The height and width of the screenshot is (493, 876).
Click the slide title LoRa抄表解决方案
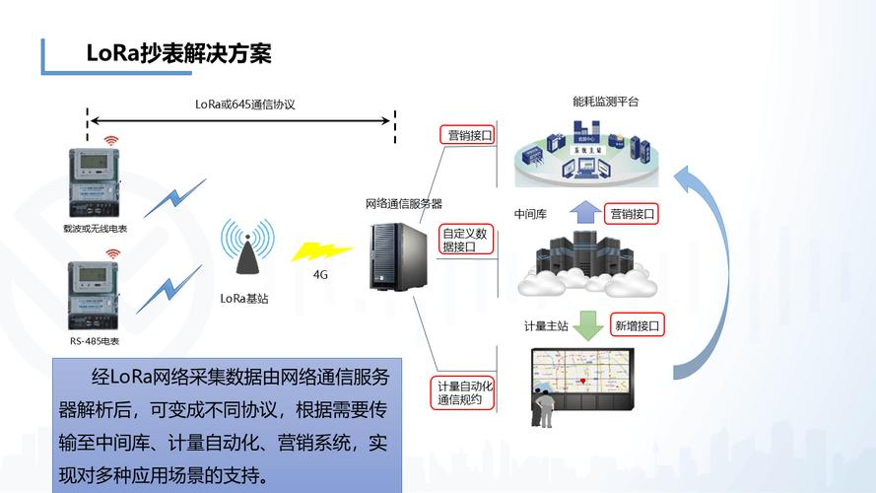point(178,53)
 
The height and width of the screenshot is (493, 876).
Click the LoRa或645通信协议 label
point(244,104)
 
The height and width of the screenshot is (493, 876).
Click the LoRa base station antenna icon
point(245,251)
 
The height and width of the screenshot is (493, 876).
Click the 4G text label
point(320,275)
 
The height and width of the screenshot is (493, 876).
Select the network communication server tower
point(392,255)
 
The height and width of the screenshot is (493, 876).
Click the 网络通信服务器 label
point(403,204)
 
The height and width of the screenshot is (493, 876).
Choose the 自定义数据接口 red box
point(465,240)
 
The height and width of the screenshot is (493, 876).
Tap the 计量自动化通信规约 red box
point(464,392)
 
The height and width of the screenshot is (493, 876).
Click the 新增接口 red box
point(637,324)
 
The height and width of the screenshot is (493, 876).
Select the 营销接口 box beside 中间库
point(632,213)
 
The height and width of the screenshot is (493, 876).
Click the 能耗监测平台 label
point(605,101)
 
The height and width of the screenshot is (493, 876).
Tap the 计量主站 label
point(545,325)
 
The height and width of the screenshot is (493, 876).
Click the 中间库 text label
point(530,214)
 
